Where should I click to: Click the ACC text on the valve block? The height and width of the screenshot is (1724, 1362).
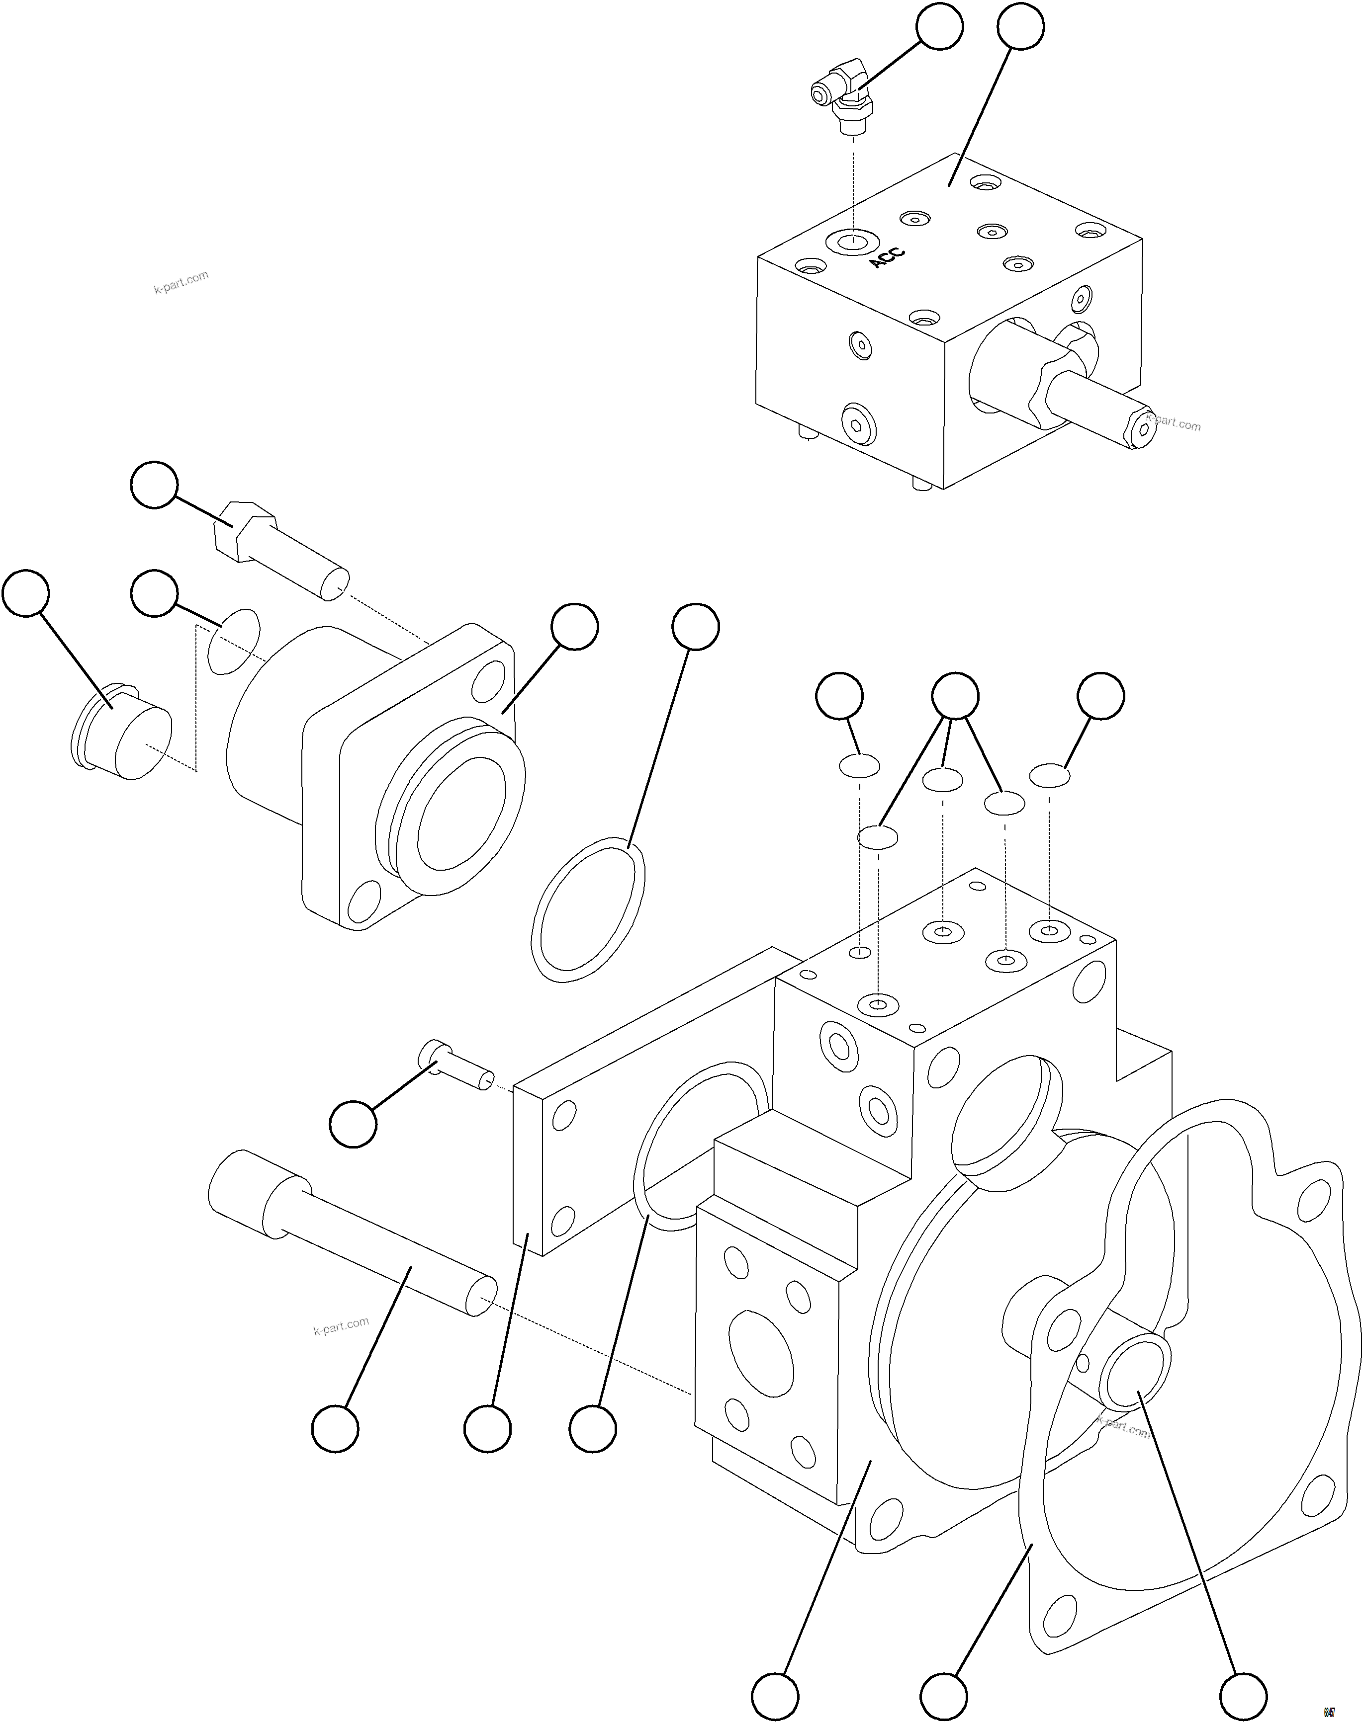click(x=887, y=257)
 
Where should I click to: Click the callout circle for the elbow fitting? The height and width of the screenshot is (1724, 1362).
click(x=939, y=27)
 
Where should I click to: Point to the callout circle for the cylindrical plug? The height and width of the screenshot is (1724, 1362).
click(x=25, y=593)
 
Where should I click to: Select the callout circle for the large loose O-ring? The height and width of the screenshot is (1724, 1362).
click(x=695, y=627)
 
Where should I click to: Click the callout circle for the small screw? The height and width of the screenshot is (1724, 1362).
click(x=353, y=1124)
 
